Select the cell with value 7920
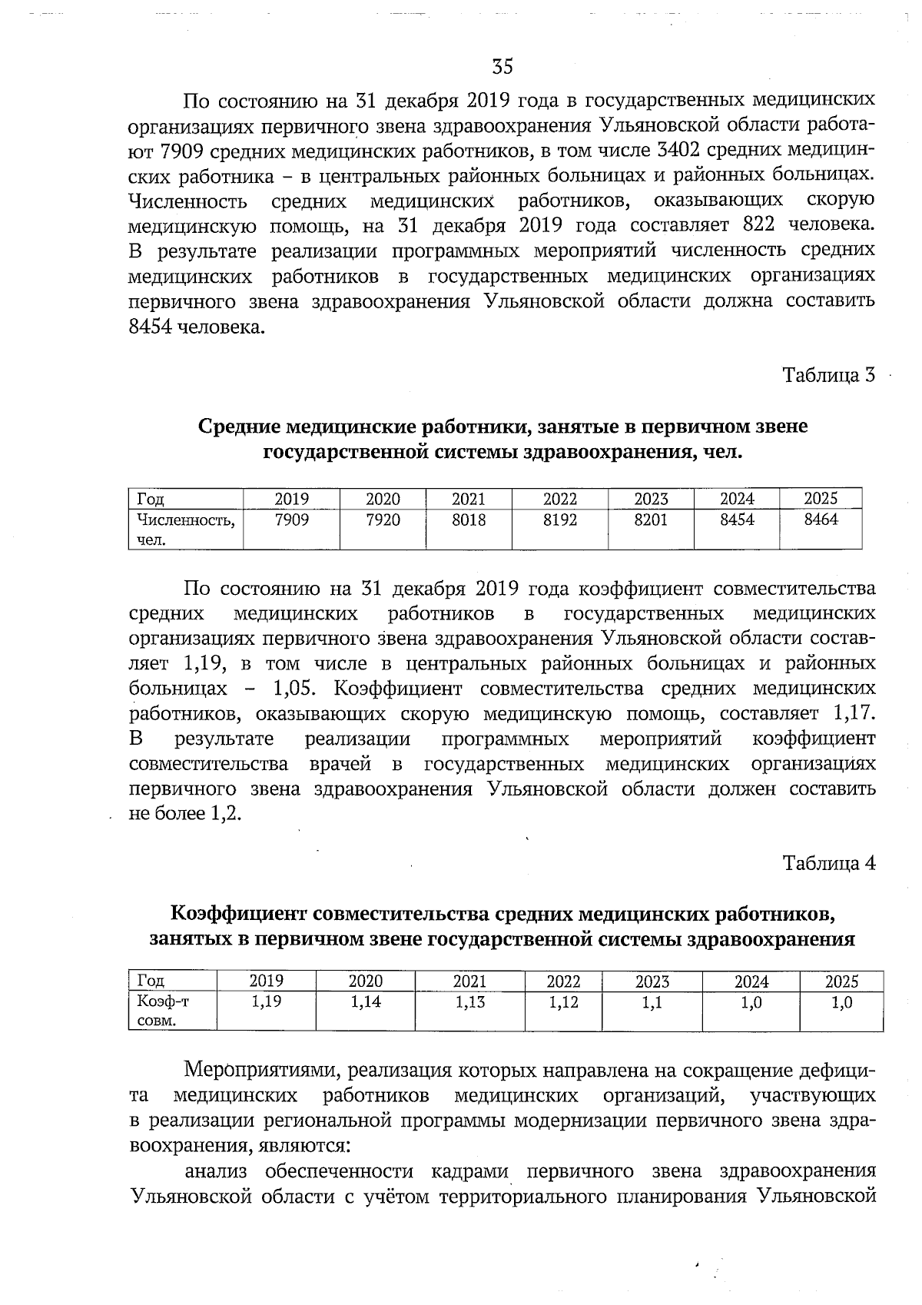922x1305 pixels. click(383, 520)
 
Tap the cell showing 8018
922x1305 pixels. click(468, 520)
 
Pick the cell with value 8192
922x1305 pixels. click(559, 520)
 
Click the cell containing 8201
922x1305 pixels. click(650, 520)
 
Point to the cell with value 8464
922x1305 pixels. click(820, 520)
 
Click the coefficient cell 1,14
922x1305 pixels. click(365, 1002)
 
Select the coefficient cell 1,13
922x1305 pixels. click(469, 1002)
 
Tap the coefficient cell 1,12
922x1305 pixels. click(563, 1002)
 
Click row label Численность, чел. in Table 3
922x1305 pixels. click(184, 530)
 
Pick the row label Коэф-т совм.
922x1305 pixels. click(162, 1011)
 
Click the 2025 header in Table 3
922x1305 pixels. click(820, 499)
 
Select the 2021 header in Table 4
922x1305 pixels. click(469, 981)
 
